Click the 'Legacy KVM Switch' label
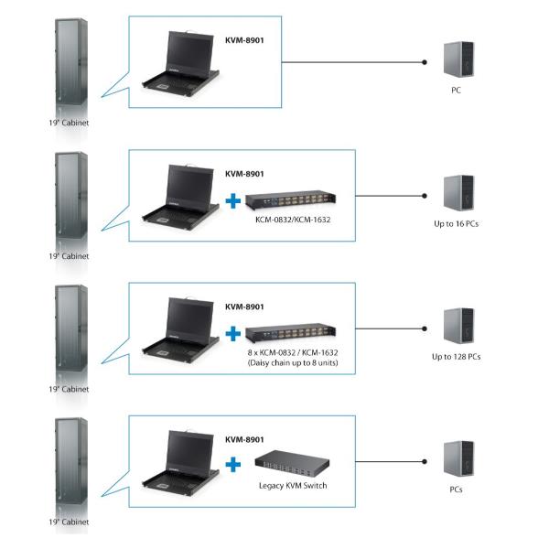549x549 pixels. (x=291, y=486)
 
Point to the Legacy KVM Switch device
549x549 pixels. (x=292, y=464)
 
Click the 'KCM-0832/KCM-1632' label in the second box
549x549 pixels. (x=292, y=221)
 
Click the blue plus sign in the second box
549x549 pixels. (x=234, y=199)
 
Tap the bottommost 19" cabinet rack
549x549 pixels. (x=70, y=466)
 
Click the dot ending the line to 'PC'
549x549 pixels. (x=425, y=62)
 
